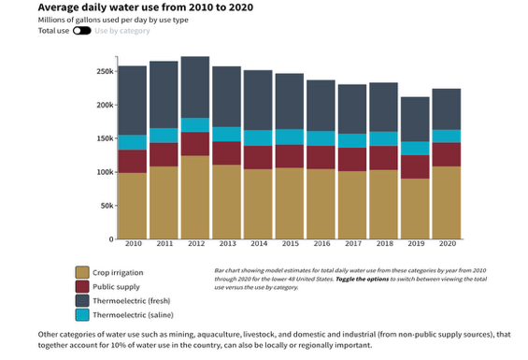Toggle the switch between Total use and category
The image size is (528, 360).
tap(81, 30)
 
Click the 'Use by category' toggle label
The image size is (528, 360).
tap(124, 30)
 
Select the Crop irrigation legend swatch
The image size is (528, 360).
tap(82, 272)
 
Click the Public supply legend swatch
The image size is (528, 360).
tap(82, 286)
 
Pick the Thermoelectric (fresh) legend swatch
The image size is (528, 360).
tap(82, 301)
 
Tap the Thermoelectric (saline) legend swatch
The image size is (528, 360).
tap(82, 316)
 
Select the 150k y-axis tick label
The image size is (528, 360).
tap(104, 138)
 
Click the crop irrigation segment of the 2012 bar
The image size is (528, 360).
tap(195, 197)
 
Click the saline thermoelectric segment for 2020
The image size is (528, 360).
tap(447, 136)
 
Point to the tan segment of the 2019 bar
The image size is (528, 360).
tap(415, 209)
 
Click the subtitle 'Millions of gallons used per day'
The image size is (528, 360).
tap(112, 19)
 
